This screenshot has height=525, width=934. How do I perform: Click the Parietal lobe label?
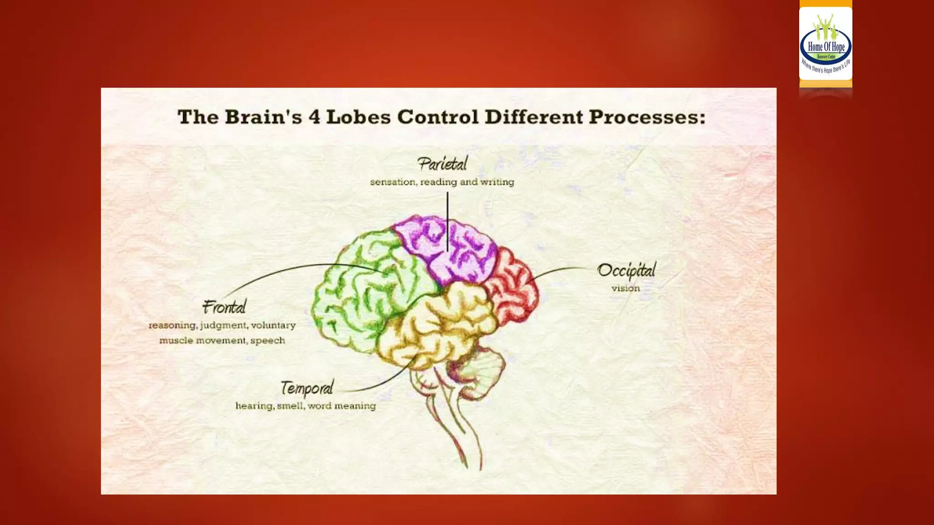tap(442, 164)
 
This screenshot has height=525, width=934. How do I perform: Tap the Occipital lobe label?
tap(626, 270)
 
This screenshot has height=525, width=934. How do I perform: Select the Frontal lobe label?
tap(224, 307)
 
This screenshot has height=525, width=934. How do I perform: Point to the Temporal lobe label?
tap(306, 388)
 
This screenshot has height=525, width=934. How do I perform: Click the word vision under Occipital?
tap(625, 288)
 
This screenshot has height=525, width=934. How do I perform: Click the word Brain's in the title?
tap(263, 117)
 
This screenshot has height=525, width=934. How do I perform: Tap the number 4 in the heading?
tap(314, 117)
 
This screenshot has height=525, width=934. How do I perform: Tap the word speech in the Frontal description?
tap(268, 341)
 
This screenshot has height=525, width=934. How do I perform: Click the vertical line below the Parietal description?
tap(447, 219)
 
